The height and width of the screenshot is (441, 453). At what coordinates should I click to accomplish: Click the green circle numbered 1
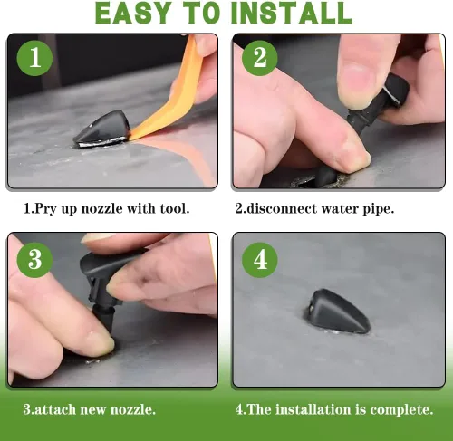[x=34, y=58]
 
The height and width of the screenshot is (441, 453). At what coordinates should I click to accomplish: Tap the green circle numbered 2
[x=260, y=58]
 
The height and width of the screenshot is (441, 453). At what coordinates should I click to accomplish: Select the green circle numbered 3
[x=34, y=260]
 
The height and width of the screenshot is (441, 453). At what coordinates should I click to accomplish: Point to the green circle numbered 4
[x=260, y=260]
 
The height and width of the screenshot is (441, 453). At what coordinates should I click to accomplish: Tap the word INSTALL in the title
[x=292, y=13]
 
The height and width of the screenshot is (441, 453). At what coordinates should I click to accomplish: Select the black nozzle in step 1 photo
[x=101, y=129]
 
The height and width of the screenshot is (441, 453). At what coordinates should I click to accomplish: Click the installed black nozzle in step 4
[x=340, y=312]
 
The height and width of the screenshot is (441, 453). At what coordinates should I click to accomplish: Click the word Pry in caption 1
[x=46, y=209]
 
